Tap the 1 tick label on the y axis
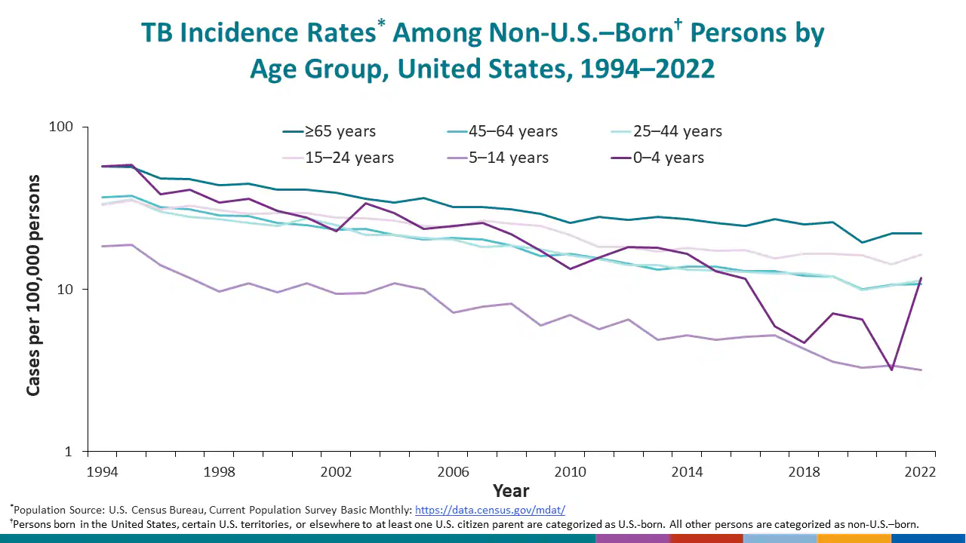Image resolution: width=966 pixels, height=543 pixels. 69,452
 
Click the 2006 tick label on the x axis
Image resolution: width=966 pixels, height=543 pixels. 454,472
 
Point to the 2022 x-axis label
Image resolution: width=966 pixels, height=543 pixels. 921,472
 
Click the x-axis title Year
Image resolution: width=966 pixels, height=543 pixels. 511,491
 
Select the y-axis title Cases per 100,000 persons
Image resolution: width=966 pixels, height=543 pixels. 33,285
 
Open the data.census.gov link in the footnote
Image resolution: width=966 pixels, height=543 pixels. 490,510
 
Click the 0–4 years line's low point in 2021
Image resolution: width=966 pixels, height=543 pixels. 891,370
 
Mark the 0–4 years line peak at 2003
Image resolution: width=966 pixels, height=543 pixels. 365,203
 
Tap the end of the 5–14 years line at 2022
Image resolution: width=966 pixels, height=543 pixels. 921,370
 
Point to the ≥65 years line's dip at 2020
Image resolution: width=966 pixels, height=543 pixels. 863,242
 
